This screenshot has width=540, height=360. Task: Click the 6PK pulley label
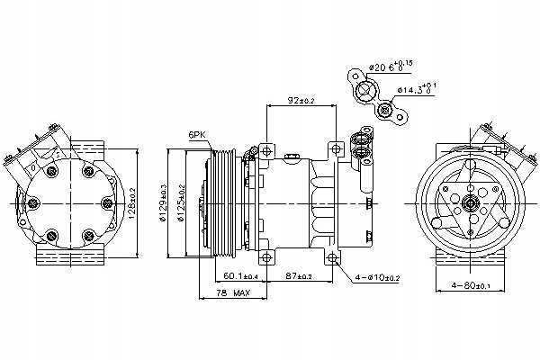point(196,136)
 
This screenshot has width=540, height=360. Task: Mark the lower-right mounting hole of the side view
point(335,258)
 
